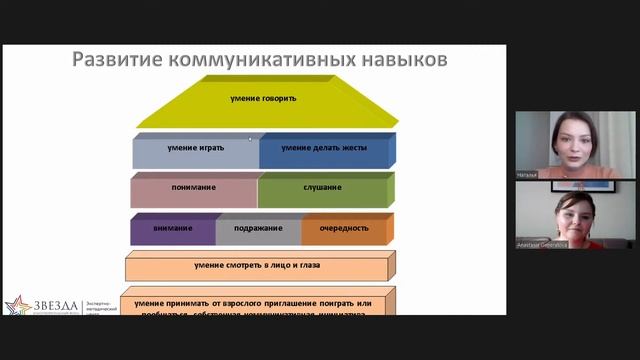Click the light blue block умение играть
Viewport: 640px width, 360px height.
(195, 148)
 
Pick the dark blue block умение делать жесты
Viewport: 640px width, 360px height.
(323, 148)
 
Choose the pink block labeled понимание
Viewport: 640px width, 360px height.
(192, 187)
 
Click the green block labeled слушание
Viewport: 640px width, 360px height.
(322, 187)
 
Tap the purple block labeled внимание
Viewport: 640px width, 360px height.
(173, 227)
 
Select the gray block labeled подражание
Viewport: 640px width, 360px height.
(257, 227)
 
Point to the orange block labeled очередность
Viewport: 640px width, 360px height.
(343, 227)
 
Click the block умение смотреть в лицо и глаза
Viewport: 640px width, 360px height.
(257, 266)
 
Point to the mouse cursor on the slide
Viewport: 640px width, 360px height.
(250, 139)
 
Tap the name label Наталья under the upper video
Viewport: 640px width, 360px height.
(528, 174)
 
